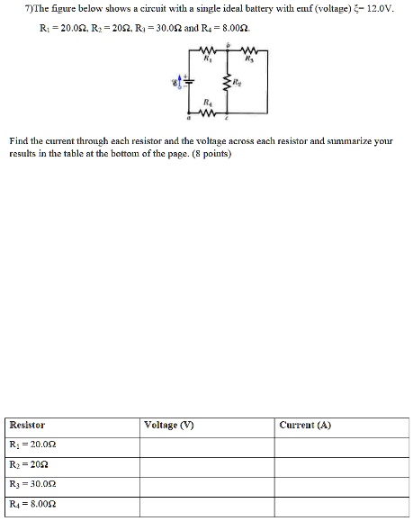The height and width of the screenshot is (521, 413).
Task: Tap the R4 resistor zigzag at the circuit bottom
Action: tap(208, 114)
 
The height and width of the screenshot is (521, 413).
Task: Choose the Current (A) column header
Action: tap(305, 425)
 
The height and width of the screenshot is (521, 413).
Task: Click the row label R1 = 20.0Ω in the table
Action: tap(35, 445)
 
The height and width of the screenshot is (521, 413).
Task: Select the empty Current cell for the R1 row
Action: tap(341, 445)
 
